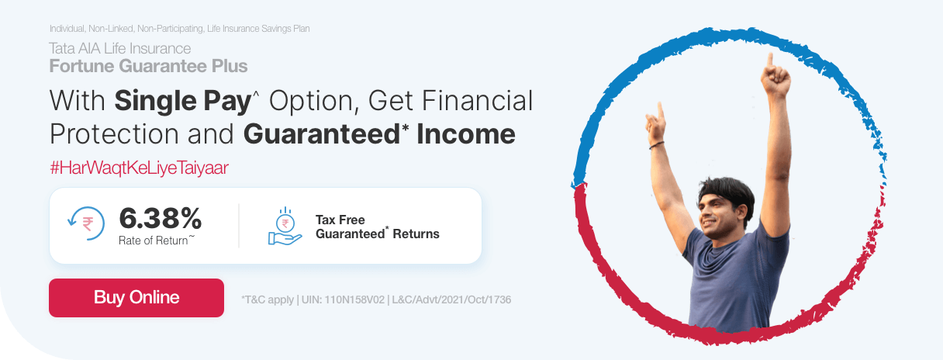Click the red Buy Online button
click(x=136, y=298)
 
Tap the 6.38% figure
click(x=160, y=218)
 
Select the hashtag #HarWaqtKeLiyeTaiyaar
click(x=139, y=168)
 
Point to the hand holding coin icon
click(x=285, y=227)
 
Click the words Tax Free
click(x=340, y=220)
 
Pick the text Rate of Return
click(x=154, y=241)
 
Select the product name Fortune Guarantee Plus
click(x=148, y=66)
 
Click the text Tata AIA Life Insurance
click(x=119, y=49)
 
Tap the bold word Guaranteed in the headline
click(x=322, y=134)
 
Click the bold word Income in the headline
click(x=466, y=134)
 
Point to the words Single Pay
click(x=179, y=101)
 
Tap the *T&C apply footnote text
click(x=268, y=299)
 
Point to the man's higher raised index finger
click(x=770, y=59)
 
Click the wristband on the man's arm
click(x=657, y=145)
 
